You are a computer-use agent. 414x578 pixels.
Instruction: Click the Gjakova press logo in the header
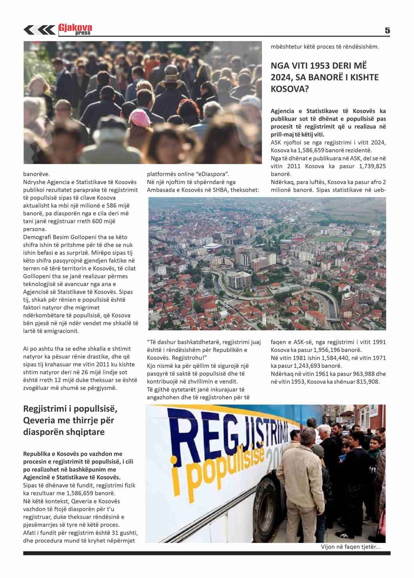pyautogui.click(x=76, y=29)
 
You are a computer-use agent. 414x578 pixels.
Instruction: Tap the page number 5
pyautogui.click(x=387, y=30)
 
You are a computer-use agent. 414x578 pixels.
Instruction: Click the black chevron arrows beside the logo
pyautogui.click(x=39, y=30)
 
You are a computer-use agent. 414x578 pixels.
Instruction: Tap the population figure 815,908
pyautogui.click(x=367, y=381)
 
